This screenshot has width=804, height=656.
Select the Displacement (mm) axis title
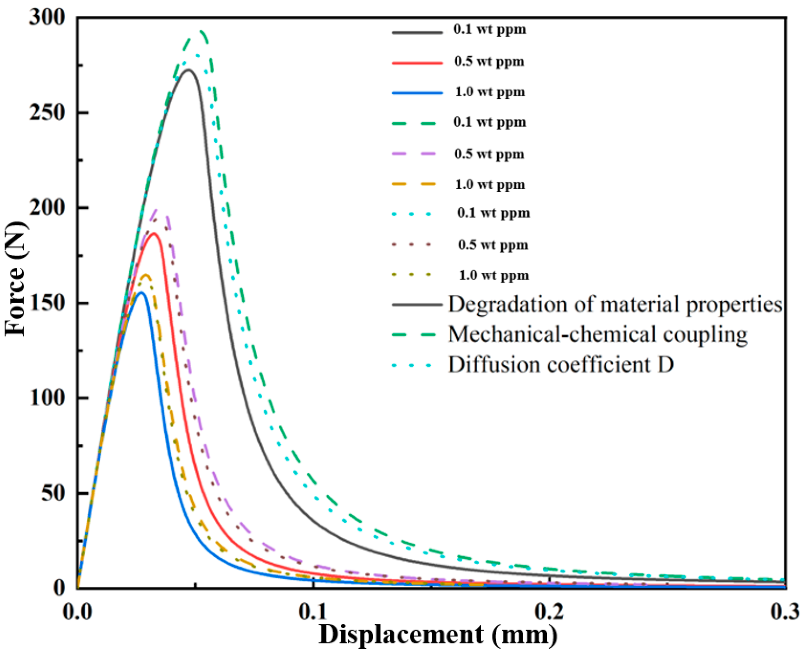438,635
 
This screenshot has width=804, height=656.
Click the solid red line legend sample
417,62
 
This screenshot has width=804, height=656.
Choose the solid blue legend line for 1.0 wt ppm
417,93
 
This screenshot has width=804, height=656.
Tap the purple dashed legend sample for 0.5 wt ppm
415,154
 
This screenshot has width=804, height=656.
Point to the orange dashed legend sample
415,184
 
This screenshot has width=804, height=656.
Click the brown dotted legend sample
413,245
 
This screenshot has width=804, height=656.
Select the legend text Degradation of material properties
615,305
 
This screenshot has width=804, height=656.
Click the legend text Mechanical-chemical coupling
597,334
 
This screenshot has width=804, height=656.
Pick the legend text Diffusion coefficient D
561,365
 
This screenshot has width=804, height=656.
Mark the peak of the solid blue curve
142,292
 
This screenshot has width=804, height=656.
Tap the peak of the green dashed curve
201,32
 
